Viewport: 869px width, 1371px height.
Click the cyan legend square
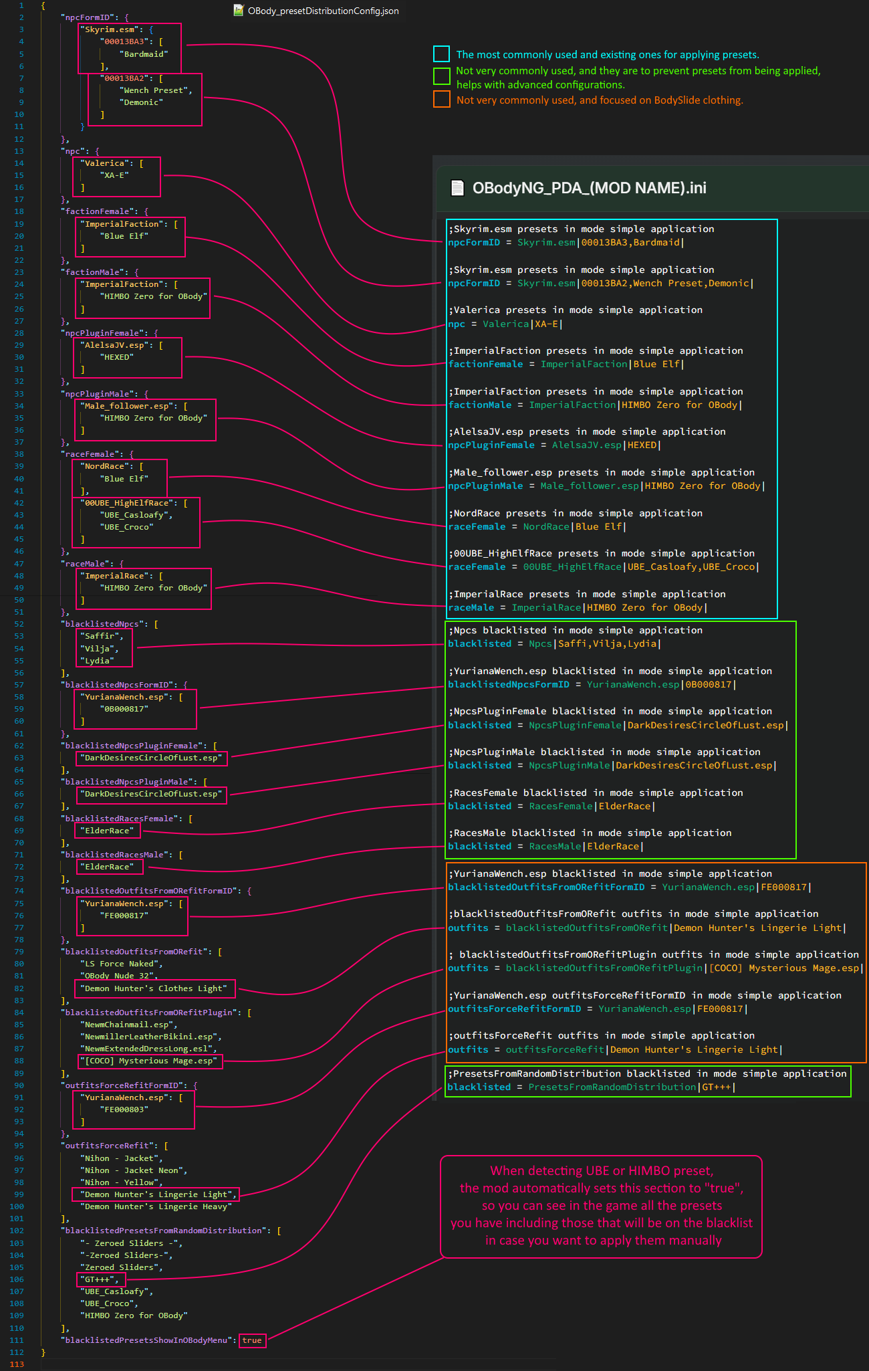441,54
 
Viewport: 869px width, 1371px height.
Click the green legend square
441,76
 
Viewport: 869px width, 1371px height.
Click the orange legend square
441,100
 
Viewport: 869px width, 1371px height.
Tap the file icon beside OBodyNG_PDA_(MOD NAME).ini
457,188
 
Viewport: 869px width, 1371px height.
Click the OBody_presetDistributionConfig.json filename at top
323,11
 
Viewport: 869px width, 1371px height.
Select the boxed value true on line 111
252,1340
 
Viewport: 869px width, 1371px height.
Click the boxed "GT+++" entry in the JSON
101,1279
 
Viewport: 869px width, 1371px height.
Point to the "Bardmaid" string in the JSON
144,54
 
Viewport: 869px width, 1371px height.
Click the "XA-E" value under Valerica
114,175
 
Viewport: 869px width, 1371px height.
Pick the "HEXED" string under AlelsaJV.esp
117,357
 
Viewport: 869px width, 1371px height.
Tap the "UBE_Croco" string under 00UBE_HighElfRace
126,527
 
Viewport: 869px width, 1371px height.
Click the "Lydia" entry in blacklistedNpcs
97,661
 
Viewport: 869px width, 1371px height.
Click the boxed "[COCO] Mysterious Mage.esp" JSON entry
149,1061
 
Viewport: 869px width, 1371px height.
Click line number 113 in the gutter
17,1364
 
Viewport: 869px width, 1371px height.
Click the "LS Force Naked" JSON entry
120,964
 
